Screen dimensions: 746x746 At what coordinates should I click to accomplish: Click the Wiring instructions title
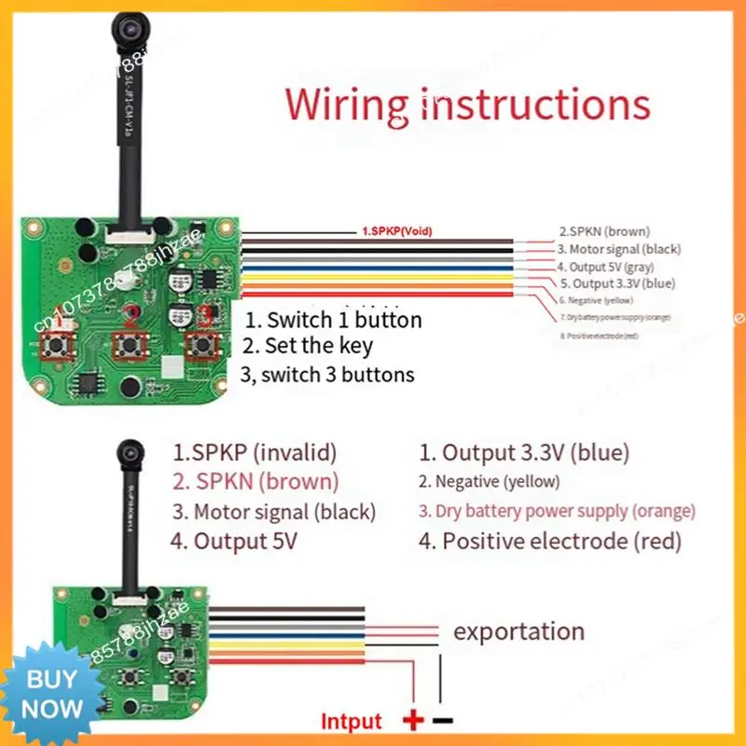pos(467,104)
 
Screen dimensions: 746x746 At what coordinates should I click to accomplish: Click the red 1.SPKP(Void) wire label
pos(395,230)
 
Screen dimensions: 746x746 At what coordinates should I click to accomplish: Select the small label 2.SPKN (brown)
pos(604,230)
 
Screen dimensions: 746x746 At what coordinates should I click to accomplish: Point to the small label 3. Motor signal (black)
pos(619,249)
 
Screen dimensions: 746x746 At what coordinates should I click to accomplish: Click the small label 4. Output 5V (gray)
pos(612,267)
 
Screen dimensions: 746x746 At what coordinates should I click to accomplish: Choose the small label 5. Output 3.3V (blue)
pos(617,283)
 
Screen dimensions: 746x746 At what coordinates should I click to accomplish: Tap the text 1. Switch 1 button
pos(333,320)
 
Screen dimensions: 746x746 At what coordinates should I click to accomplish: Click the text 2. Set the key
pos(307,346)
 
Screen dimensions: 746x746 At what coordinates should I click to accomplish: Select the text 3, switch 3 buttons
pos(327,375)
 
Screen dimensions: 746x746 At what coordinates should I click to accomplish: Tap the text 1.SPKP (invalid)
pos(254,453)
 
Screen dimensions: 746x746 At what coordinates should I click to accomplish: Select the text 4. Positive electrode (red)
pos(550,541)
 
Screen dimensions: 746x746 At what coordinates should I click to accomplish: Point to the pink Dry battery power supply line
pos(557,512)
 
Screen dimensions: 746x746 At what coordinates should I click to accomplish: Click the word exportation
pos(518,631)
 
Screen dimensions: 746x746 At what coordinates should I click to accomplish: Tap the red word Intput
pos(352,721)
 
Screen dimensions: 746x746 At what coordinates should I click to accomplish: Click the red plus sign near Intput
pos(411,720)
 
